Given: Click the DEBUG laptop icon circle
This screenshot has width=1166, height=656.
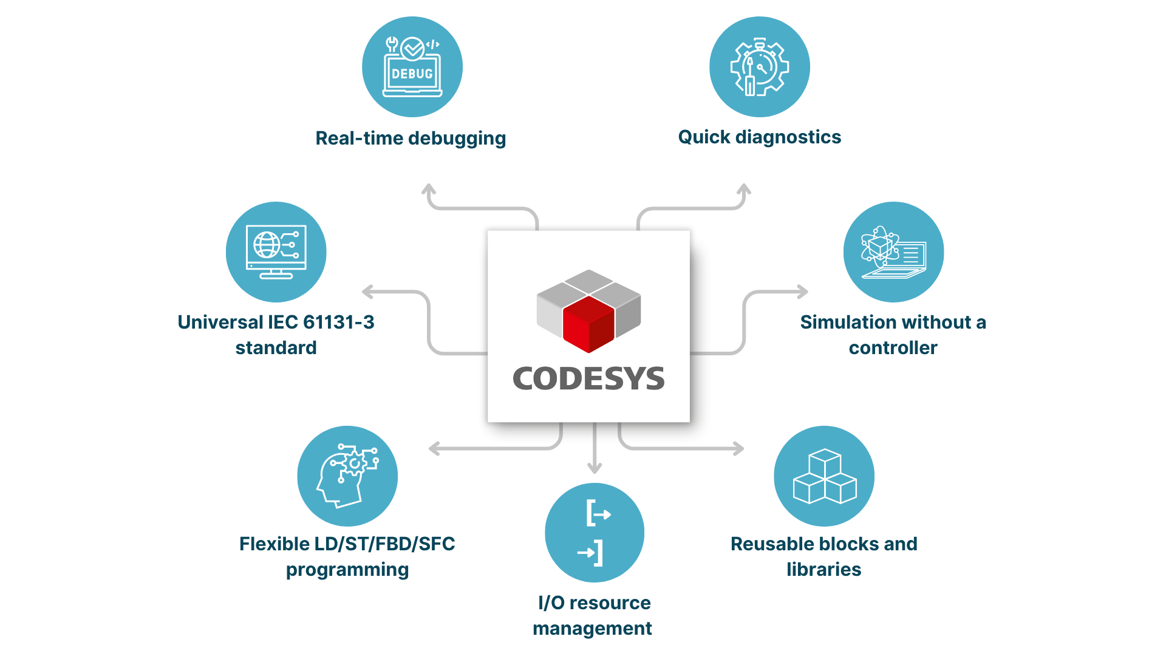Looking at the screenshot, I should click(412, 67).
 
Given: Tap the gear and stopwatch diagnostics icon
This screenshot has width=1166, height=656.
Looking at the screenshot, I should click(759, 67).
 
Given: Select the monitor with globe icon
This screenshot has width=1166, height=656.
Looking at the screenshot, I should click(276, 251).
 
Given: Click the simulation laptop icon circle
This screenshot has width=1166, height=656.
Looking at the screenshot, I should click(893, 251).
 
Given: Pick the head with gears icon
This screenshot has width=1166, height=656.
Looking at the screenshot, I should click(347, 476).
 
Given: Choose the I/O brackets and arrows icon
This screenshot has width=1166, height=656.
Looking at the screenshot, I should click(595, 533).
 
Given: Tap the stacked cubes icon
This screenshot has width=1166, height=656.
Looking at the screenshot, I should click(824, 476).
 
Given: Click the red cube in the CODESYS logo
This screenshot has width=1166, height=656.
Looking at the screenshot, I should click(588, 324).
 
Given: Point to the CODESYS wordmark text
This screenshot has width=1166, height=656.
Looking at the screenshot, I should click(588, 379).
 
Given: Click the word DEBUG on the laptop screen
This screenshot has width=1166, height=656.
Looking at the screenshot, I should click(412, 74).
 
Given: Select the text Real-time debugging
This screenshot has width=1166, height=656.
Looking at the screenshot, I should click(411, 138).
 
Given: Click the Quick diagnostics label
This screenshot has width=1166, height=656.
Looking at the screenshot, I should click(759, 137).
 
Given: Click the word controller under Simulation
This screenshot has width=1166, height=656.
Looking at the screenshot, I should click(893, 348).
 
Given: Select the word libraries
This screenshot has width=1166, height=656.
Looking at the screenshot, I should click(823, 570).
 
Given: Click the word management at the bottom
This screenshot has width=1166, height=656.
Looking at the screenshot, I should click(592, 629).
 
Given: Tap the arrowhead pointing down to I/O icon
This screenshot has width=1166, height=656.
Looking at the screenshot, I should click(595, 468).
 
